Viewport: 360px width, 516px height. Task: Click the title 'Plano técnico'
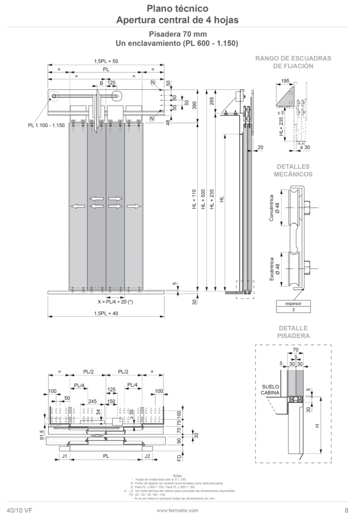click(177, 8)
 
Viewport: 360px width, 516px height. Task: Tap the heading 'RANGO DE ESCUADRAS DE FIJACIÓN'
click(293, 62)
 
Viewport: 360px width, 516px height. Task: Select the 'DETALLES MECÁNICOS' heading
click(293, 170)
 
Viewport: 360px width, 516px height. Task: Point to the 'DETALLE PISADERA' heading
click(293, 331)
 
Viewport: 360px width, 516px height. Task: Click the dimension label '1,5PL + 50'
click(106, 61)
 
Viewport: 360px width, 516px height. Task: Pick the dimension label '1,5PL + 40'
click(106, 314)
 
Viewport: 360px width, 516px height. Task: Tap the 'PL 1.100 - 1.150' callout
click(47, 125)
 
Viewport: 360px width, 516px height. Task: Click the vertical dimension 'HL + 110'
click(194, 199)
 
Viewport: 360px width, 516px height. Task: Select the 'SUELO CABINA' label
click(271, 391)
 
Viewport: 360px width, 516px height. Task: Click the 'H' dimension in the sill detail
click(317, 426)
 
